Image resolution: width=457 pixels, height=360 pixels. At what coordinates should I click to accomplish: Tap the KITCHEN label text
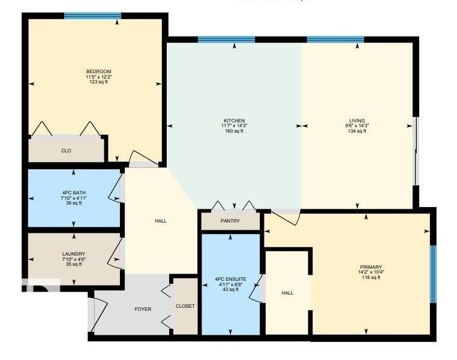[234, 121]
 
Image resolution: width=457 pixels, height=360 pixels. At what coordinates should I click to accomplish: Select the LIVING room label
[357, 121]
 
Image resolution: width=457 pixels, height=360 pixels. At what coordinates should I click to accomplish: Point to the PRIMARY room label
[371, 267]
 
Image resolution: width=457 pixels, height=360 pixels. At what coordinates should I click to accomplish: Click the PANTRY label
[230, 221]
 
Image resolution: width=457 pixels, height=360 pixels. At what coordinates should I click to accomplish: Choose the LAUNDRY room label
[74, 254]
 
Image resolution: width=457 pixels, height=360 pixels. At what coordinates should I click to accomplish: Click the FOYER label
[143, 309]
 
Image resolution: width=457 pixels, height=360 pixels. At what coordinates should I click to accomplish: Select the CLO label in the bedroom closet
[66, 151]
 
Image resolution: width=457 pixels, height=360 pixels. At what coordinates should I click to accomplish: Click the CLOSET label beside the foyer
[185, 306]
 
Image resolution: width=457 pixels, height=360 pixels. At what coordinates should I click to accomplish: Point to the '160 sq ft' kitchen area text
[234, 131]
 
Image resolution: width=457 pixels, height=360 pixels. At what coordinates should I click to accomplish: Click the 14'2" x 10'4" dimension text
[371, 272]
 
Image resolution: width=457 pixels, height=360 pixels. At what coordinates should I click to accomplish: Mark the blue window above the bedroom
[92, 16]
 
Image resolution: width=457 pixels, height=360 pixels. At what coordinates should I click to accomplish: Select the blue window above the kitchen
[226, 40]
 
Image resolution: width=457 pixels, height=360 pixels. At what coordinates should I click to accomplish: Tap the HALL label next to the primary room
[287, 293]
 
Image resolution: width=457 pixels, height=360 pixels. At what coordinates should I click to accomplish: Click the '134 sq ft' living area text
[357, 131]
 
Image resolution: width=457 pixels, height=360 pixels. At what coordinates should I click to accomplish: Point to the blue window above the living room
[335, 40]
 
